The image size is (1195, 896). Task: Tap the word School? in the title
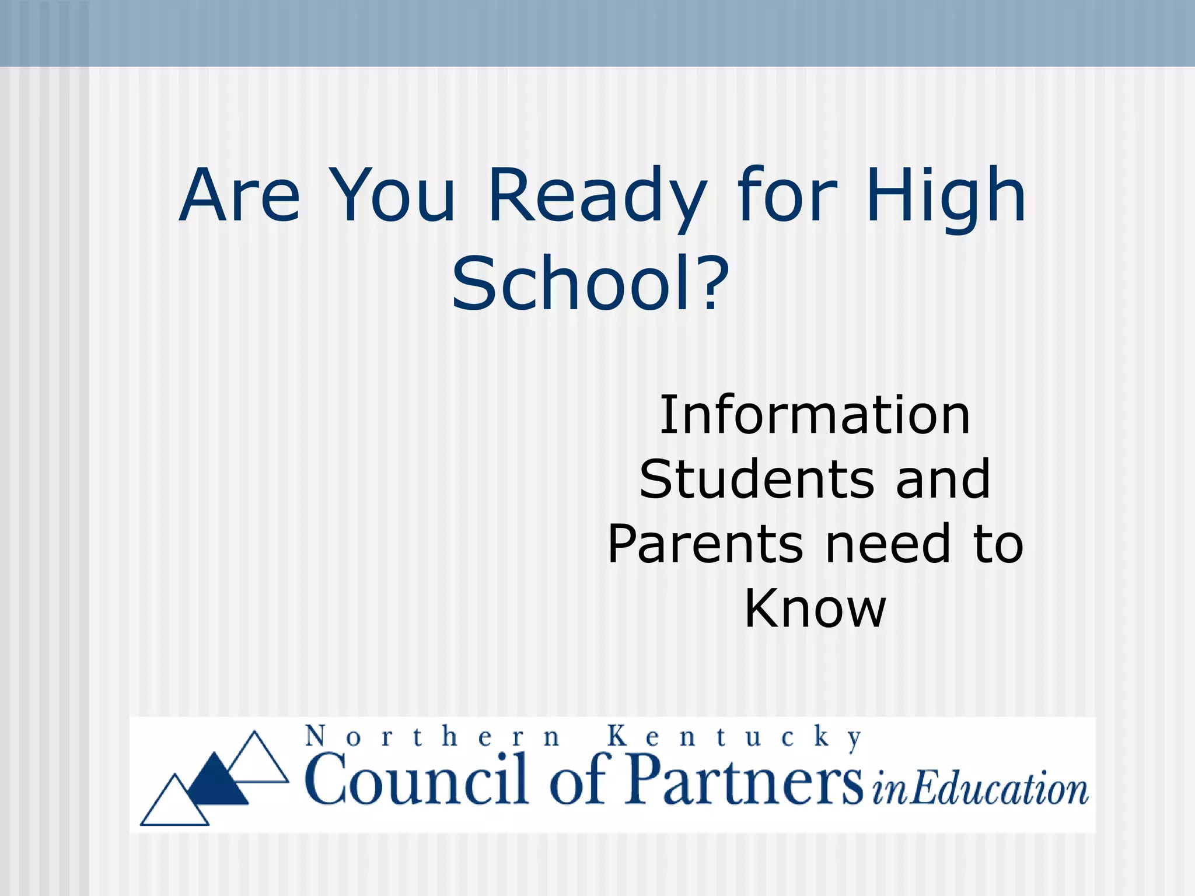[590, 285]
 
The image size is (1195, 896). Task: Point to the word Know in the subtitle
[815, 608]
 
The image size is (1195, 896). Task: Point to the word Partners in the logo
[745, 779]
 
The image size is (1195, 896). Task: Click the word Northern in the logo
[432, 737]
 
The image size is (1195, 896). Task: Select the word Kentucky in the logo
[734, 737]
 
